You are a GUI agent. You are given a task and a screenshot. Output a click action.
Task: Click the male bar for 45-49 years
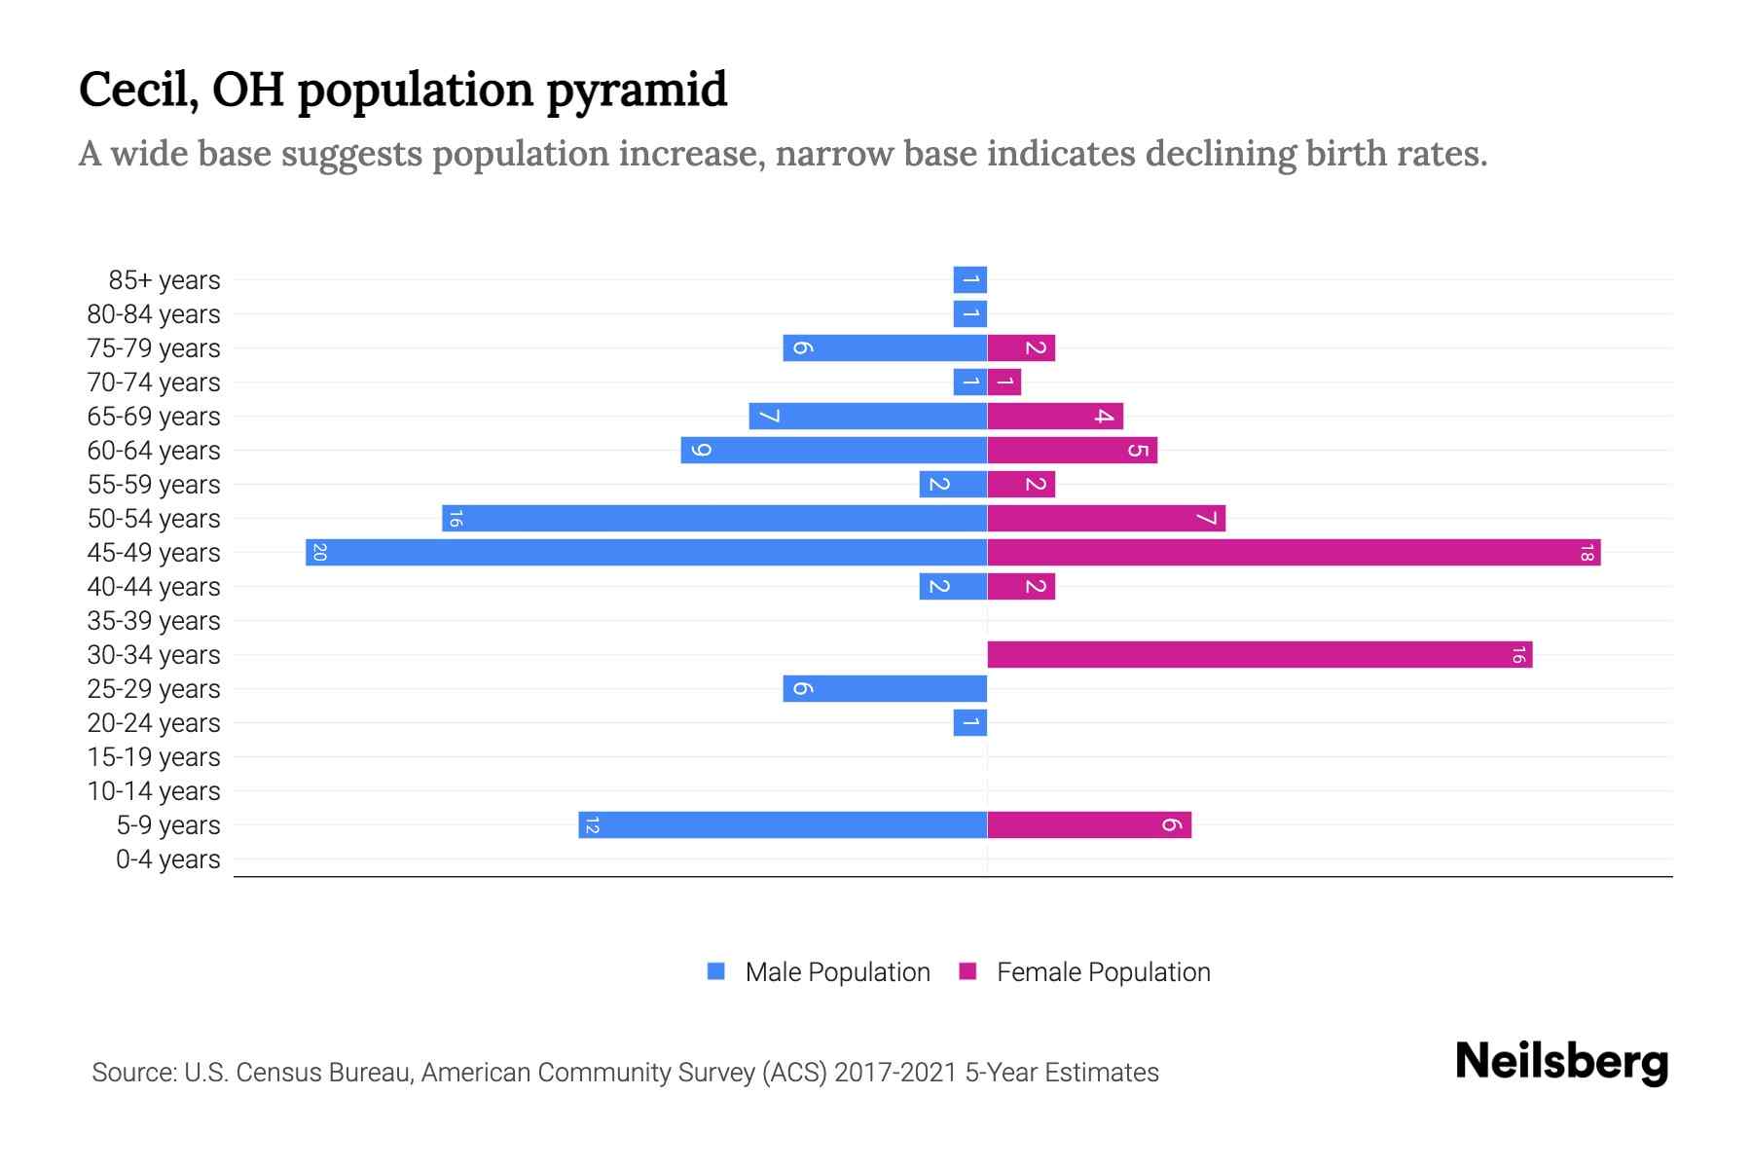(x=646, y=553)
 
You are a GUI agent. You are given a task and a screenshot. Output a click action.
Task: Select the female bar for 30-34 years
(x=1259, y=655)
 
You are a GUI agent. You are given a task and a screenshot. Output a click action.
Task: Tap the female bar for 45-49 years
(x=1294, y=553)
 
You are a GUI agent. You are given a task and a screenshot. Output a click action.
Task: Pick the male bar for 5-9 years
(x=783, y=825)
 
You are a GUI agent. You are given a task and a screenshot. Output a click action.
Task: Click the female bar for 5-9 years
(x=1089, y=825)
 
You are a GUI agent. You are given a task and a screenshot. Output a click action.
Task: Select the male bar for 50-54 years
(x=714, y=519)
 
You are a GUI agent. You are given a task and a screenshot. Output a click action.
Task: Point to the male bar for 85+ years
(x=970, y=280)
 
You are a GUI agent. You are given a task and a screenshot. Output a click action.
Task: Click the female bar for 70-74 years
(x=1004, y=383)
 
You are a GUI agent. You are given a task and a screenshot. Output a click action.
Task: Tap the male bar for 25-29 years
(x=885, y=689)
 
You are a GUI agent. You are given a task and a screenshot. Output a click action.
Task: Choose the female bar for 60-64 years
(x=1073, y=451)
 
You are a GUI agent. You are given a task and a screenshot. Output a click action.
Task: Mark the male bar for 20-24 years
(x=970, y=723)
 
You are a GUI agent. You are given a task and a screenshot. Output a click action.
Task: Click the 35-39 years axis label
(x=154, y=621)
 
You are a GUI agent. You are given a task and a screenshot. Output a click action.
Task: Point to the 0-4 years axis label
(x=167, y=859)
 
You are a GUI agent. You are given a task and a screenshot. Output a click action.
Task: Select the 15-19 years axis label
(x=154, y=757)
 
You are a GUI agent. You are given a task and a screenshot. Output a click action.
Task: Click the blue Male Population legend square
(x=716, y=971)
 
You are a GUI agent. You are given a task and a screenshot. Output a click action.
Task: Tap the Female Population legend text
(x=1103, y=972)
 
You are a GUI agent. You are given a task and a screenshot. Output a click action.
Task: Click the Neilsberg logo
(x=1561, y=1062)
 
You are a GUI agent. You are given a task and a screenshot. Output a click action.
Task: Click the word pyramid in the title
(x=636, y=91)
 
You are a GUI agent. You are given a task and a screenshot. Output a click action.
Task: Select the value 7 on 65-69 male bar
(x=769, y=417)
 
